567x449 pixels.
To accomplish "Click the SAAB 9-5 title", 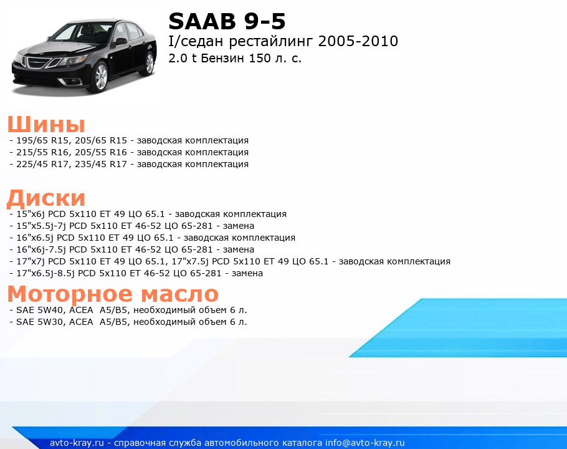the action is (227, 21).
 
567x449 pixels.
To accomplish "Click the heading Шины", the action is (46, 124).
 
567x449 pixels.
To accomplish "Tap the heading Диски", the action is (46, 198).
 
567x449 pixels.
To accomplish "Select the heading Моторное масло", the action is (113, 294).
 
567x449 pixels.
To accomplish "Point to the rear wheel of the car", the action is (149, 63).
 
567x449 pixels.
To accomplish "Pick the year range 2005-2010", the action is (358, 41).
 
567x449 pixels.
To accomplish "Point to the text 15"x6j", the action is (31, 214).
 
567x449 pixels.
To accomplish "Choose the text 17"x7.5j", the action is (190, 261).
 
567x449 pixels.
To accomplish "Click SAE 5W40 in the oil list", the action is (39, 310).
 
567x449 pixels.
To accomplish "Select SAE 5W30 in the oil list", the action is (39, 322).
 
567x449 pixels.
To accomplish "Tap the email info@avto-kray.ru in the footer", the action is (365, 443).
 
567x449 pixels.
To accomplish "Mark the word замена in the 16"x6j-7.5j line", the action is (238, 249).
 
